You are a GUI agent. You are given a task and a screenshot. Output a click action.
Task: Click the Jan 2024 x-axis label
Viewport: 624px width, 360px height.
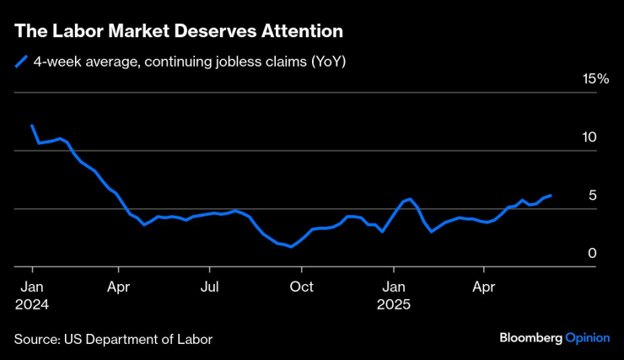(31, 294)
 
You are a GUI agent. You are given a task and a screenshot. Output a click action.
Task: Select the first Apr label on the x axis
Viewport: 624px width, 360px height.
(119, 287)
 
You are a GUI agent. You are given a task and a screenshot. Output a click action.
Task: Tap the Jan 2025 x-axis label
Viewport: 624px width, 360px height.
(393, 294)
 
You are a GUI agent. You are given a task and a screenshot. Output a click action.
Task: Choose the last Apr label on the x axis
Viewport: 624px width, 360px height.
(484, 287)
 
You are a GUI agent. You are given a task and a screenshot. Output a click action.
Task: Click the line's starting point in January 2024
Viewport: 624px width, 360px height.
(32, 126)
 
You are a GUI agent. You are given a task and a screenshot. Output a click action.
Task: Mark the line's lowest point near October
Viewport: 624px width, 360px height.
(291, 247)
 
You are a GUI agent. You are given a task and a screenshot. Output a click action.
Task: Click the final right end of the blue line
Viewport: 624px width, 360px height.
(551, 196)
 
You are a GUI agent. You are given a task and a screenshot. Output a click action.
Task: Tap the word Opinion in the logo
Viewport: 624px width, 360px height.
(587, 337)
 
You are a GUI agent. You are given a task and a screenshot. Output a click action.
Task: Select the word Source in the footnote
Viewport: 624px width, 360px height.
(35, 339)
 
